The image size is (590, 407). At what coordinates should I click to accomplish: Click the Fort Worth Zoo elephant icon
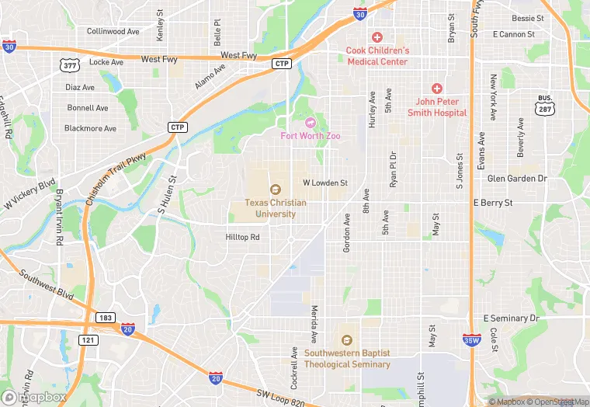311,122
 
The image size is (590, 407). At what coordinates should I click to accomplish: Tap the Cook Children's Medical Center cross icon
377,37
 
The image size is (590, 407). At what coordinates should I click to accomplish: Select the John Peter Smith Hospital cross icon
436,89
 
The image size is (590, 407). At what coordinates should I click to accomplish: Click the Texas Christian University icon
275,190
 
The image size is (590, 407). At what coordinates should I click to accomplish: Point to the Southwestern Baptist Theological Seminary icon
346,340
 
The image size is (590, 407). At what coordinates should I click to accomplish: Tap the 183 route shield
106,318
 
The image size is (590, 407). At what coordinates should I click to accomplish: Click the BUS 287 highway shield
545,105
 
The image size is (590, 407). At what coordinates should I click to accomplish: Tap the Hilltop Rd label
242,237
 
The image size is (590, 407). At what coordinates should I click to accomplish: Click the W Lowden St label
324,183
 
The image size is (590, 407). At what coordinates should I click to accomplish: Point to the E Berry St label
493,202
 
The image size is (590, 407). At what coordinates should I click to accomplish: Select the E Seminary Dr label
511,318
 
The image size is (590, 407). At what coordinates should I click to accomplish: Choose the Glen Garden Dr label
517,178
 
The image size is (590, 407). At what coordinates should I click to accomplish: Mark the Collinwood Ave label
113,32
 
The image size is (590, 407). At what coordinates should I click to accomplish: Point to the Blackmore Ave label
90,128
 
